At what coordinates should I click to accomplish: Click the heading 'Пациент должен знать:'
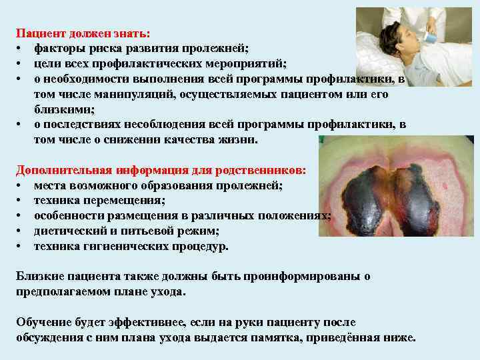[x=83, y=33]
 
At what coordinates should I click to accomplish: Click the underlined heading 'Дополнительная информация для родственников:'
[x=161, y=170]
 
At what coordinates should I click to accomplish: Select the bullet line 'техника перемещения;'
[x=100, y=200]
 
